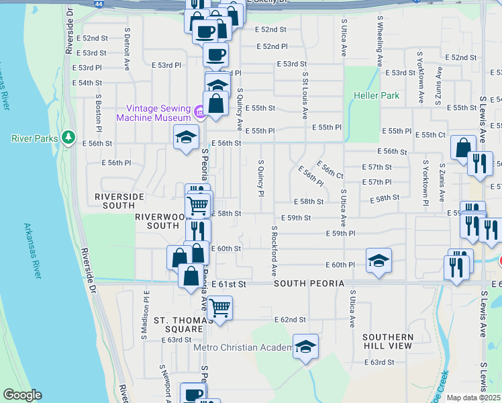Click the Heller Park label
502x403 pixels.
tap(376, 95)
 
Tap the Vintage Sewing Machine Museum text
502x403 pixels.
tap(153, 113)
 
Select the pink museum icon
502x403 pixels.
tap(199, 111)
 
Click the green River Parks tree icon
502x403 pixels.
tap(68, 138)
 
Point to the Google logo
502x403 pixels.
tap(22, 395)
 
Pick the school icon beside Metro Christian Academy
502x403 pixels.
tap(305, 347)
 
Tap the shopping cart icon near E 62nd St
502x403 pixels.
tap(219, 308)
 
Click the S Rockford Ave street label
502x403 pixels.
tap(274, 251)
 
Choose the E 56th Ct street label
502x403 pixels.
tap(331, 171)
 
